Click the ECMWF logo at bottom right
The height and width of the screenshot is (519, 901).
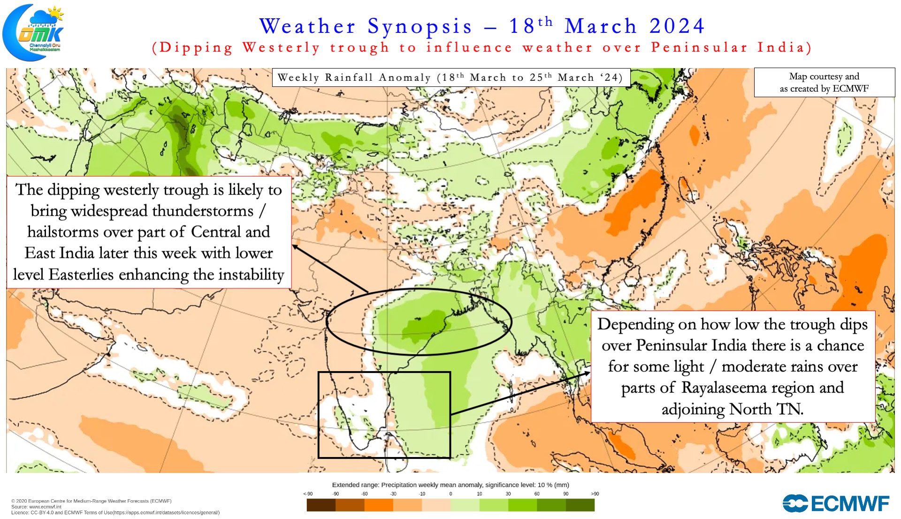click(x=836, y=504)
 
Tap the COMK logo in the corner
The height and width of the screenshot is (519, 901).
click(x=34, y=32)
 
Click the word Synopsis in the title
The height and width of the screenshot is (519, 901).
click(x=420, y=26)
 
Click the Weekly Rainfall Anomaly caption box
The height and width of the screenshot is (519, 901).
click(x=450, y=77)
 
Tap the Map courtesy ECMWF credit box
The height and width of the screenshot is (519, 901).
click(x=824, y=82)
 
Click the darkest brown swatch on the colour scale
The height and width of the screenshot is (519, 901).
click(x=321, y=505)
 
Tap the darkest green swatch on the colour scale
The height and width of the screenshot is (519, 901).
click(x=580, y=505)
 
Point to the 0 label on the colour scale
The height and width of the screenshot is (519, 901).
click(x=450, y=494)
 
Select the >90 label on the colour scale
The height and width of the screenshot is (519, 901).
click(x=595, y=494)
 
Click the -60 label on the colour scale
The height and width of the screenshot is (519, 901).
click(x=364, y=494)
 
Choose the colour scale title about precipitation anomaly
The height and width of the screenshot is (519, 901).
click(x=450, y=485)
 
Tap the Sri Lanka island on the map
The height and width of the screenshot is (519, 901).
click(x=395, y=446)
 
